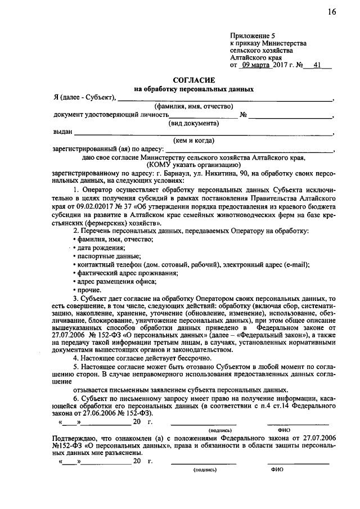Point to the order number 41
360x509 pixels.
click(318, 65)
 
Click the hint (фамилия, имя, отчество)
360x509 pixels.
click(194, 106)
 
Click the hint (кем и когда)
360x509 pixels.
click(194, 140)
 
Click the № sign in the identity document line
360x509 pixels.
click(244, 115)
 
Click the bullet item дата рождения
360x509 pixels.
click(101, 247)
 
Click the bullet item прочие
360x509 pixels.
click(89, 290)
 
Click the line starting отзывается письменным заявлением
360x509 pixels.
click(180, 390)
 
